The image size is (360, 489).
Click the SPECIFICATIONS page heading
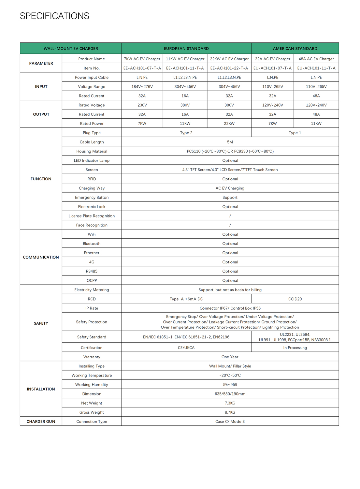click(x=54, y=16)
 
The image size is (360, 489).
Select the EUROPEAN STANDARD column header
click(x=186, y=49)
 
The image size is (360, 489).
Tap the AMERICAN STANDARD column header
click(x=295, y=49)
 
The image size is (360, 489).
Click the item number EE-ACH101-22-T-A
click(x=229, y=68)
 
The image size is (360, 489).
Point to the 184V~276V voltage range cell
click(x=142, y=87)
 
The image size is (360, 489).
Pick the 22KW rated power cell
click(x=229, y=124)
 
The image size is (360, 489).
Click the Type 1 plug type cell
click(x=295, y=133)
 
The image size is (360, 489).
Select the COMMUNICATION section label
click(x=41, y=257)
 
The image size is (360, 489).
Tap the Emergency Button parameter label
click(x=92, y=198)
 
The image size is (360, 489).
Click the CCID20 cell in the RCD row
click(x=295, y=299)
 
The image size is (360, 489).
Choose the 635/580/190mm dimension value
click(x=230, y=394)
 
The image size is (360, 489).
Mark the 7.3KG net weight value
click(x=230, y=403)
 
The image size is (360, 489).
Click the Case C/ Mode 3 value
click(x=230, y=422)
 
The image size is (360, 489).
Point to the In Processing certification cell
click(x=295, y=348)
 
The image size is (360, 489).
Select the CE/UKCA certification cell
click(x=186, y=348)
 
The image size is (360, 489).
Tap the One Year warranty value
click(x=230, y=357)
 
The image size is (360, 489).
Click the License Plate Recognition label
click(x=92, y=216)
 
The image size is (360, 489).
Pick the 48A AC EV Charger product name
click(x=316, y=59)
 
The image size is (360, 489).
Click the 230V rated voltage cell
click(x=142, y=105)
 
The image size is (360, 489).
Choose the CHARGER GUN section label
click(x=41, y=422)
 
